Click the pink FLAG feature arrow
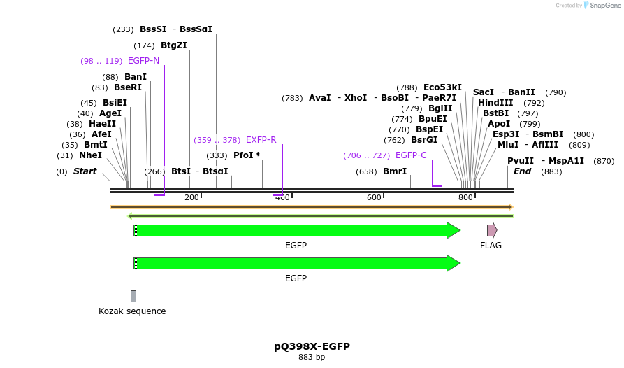pyautogui.click(x=492, y=230)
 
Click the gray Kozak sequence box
pyautogui.click(x=133, y=296)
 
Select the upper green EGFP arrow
pyautogui.click(x=296, y=230)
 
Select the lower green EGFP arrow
pyautogui.click(x=296, y=263)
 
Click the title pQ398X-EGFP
pyautogui.click(x=312, y=346)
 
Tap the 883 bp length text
pyautogui.click(x=312, y=358)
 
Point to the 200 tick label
pyautogui.click(x=191, y=198)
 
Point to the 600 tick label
pyautogui.click(x=374, y=198)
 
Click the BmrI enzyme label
pyautogui.click(x=395, y=171)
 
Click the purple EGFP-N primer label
pyautogui.click(x=143, y=61)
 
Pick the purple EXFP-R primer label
pyautogui.click(x=261, y=140)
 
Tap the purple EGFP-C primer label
pyautogui.click(x=411, y=155)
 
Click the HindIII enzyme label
pyautogui.click(x=495, y=103)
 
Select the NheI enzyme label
pyautogui.click(x=90, y=155)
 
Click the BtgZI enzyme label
pyautogui.click(x=174, y=45)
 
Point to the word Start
pyautogui.click(x=85, y=171)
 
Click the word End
pyautogui.click(x=522, y=171)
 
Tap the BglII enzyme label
pyautogui.click(x=440, y=108)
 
